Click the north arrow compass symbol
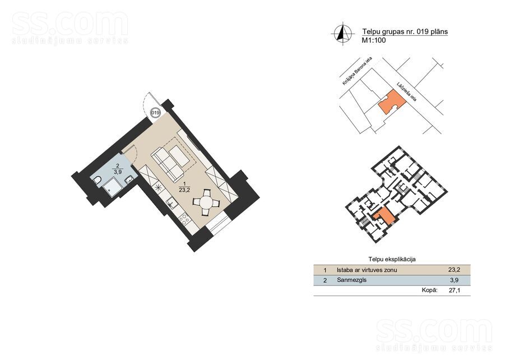tap(343, 34)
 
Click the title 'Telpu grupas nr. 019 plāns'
tap(405, 31)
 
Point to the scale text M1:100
tap(374, 40)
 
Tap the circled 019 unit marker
tap(156, 113)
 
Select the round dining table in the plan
tap(206, 202)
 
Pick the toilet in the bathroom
tap(97, 181)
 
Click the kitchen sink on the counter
tap(171, 204)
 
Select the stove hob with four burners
tap(185, 218)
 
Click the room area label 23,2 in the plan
tap(184, 191)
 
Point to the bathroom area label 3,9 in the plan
tap(118, 172)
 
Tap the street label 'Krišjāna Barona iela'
tap(357, 71)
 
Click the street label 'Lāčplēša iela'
tap(406, 91)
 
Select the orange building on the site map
tap(392, 102)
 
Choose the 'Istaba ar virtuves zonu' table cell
tap(367, 270)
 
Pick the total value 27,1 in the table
tap(455, 290)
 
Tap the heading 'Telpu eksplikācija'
tap(392, 260)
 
